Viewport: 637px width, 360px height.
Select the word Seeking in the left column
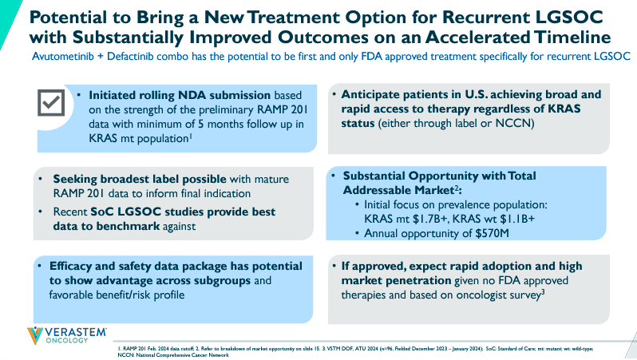click(77, 178)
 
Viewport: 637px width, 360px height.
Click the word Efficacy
click(78, 266)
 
